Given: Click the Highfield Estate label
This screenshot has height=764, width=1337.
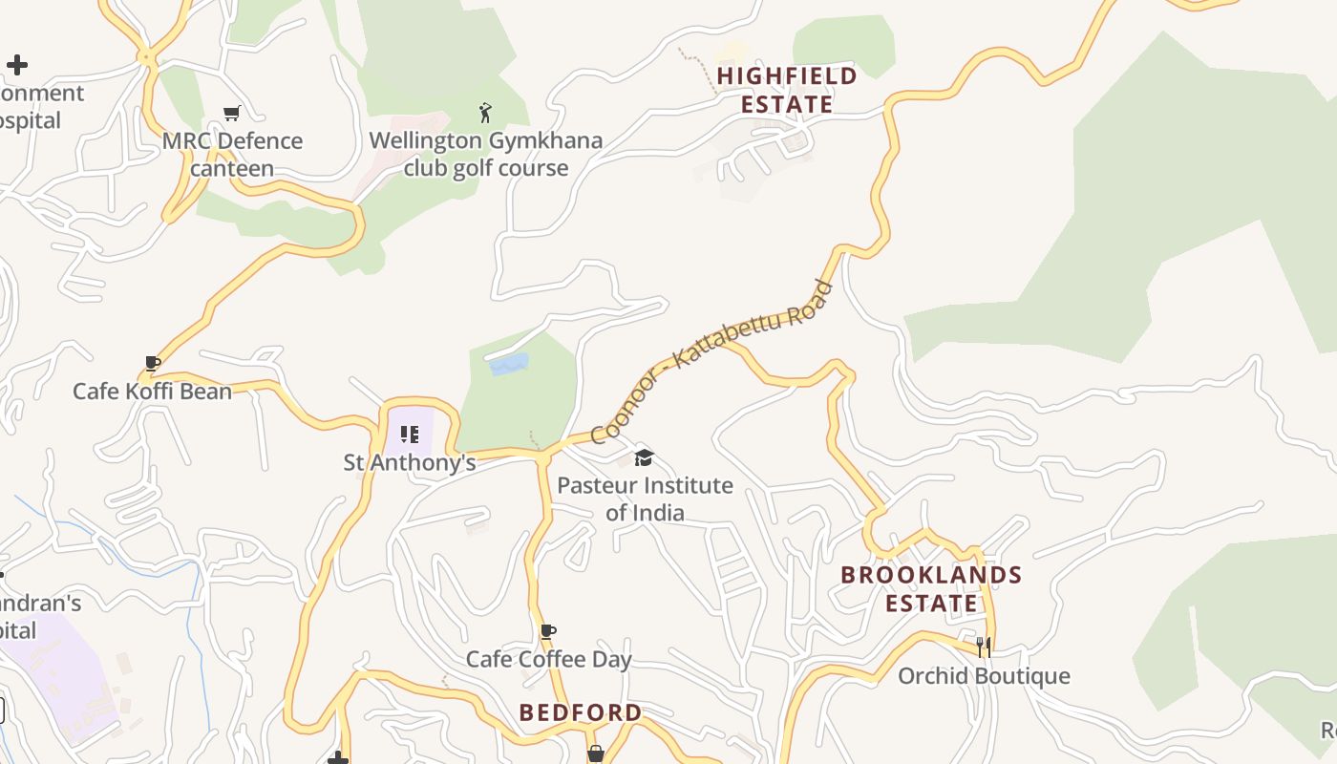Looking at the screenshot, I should (787, 90).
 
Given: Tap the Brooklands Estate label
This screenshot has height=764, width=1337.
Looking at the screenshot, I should (931, 589).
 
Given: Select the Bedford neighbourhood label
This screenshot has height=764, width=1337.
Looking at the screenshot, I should (581, 712).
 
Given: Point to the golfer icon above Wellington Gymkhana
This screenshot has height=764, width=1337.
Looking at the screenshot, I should (485, 113).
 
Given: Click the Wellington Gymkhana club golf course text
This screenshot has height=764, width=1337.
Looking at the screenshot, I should (485, 155).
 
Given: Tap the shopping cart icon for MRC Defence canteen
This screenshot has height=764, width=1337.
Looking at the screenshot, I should (231, 114).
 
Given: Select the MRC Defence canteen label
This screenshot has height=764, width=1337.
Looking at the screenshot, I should (232, 155).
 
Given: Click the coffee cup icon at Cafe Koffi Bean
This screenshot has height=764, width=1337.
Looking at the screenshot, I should (152, 363).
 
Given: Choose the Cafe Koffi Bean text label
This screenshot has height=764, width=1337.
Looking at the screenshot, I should (153, 392).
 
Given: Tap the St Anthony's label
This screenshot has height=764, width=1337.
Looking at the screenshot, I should (410, 463).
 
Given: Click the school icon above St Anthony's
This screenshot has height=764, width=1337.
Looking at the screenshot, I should (410, 435).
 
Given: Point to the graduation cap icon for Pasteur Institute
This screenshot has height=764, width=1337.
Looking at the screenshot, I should (645, 457).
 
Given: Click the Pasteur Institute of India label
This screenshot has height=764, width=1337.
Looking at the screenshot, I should (645, 499).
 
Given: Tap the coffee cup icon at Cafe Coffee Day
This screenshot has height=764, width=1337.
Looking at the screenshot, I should (548, 631).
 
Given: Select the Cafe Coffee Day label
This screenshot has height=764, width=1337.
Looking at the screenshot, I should (548, 660).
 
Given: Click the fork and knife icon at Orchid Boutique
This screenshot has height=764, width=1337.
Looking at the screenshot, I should (984, 647).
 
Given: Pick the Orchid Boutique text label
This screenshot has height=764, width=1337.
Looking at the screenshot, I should (984, 676).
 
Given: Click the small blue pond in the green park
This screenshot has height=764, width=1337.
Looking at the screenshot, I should (509, 364).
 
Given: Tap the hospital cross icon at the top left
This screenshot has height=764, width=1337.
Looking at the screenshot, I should (17, 65).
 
